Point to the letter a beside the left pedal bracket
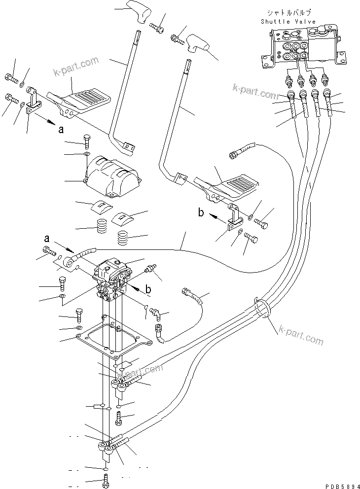pos(61,130)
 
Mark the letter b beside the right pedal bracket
pos(201,213)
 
